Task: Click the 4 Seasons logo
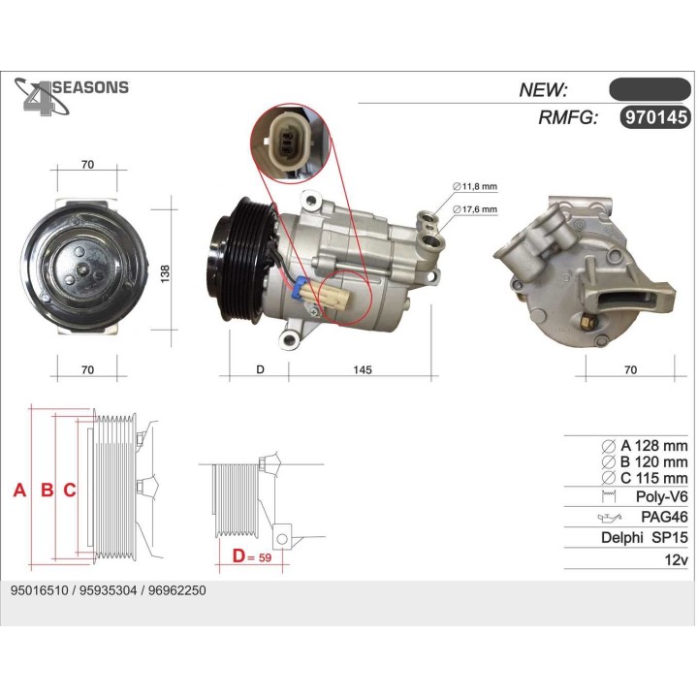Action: (68, 96)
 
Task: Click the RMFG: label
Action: (567, 118)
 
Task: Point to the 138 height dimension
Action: (165, 274)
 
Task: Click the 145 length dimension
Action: (362, 369)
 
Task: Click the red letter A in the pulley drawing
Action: (18, 491)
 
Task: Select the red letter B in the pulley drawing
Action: (46, 491)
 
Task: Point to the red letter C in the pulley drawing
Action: (70, 491)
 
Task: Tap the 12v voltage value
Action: (675, 559)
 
